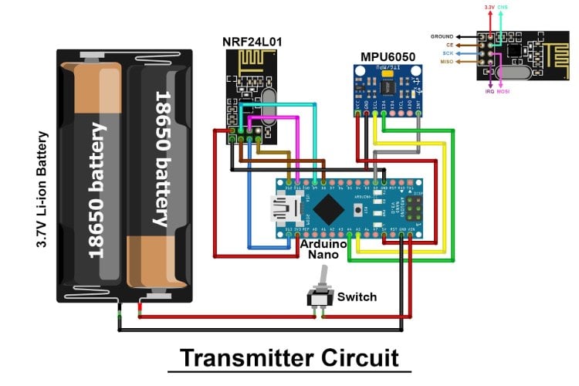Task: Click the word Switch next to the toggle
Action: pos(357,296)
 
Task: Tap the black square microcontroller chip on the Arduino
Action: pos(329,208)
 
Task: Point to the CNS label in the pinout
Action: pos(503,6)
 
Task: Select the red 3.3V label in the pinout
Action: pos(489,6)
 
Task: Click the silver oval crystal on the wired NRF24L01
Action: pos(267,108)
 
